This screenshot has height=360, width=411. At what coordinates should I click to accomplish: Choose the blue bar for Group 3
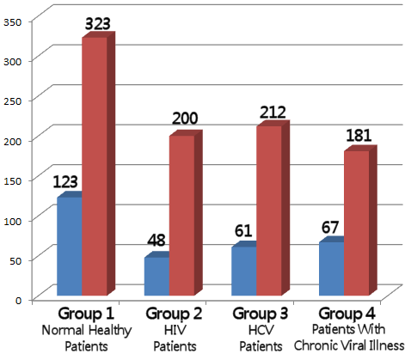[x=243, y=272]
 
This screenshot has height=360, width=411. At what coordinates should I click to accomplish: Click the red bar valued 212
[x=268, y=211]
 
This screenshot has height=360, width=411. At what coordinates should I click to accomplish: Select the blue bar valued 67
[x=331, y=269]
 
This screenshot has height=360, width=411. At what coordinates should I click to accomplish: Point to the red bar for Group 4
[x=356, y=224]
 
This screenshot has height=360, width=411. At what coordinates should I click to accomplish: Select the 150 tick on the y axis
[x=11, y=179]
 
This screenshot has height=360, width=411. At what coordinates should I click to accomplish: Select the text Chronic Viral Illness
[x=347, y=345]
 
